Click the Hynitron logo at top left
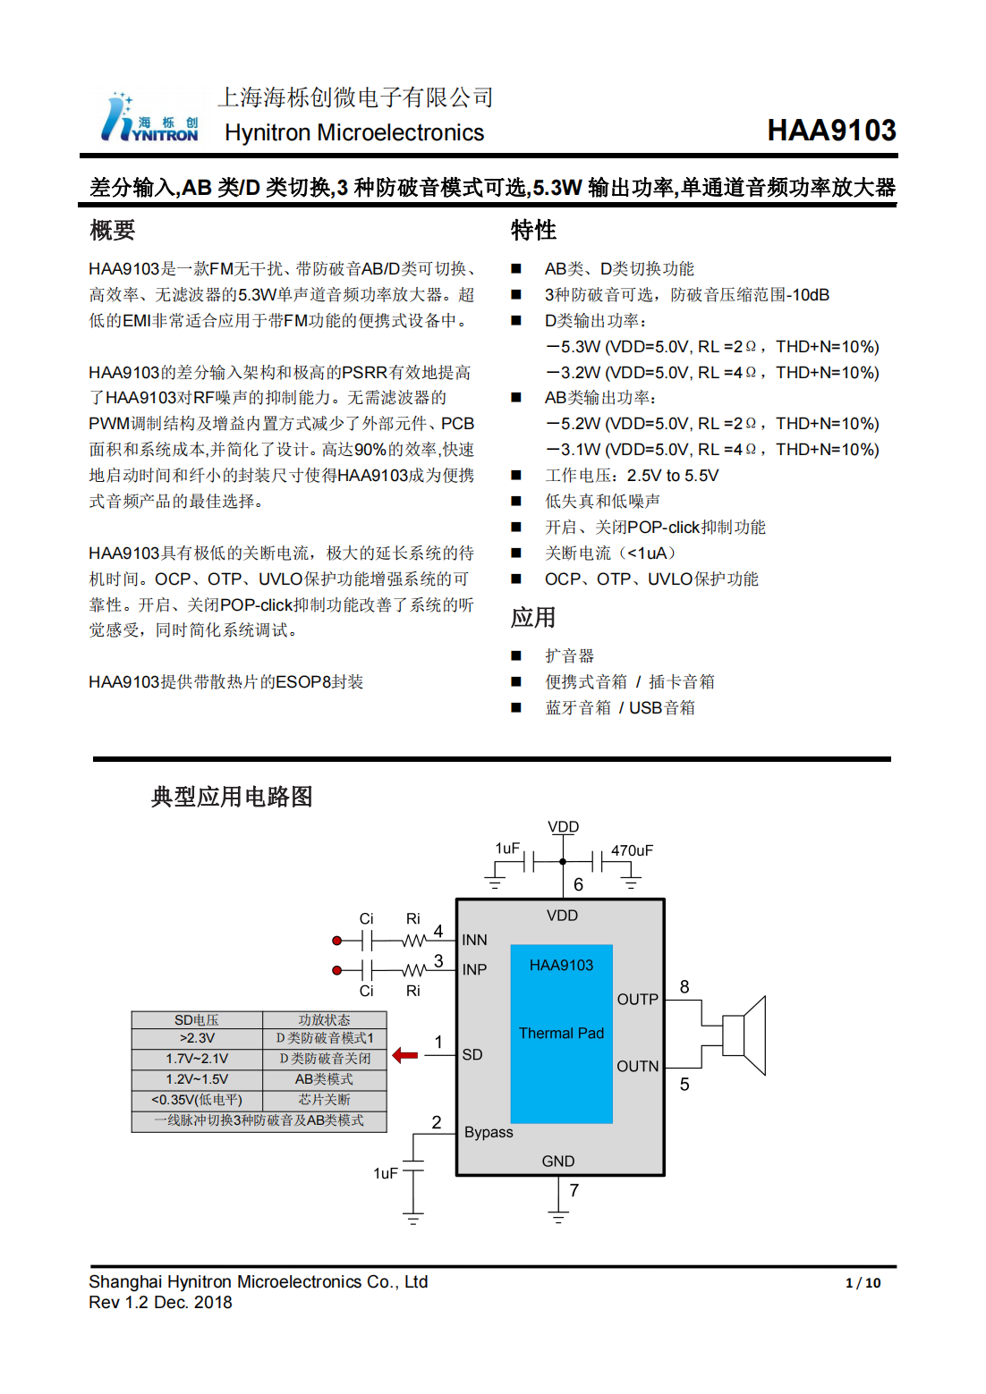(x=149, y=118)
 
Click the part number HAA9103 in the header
(x=831, y=131)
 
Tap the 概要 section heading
(x=112, y=231)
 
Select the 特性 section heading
(x=533, y=231)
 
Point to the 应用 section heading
(x=533, y=618)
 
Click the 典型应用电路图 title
(x=232, y=797)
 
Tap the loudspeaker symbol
(x=744, y=1035)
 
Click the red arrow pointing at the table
(x=405, y=1055)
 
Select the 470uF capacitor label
(x=632, y=850)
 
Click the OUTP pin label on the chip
(x=637, y=999)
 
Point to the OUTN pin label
(x=637, y=1066)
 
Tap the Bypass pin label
(x=489, y=1132)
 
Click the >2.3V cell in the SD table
(x=197, y=1038)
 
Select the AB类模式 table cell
(x=324, y=1079)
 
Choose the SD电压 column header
(x=197, y=1019)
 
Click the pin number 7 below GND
(x=574, y=1190)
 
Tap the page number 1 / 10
(x=863, y=1283)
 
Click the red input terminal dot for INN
(x=337, y=941)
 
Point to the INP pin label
(x=474, y=969)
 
